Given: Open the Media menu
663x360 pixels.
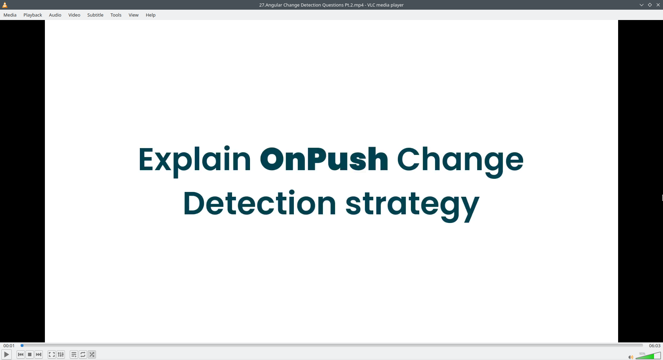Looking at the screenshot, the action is pyautogui.click(x=10, y=15).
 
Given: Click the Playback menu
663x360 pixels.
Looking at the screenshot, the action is pyautogui.click(x=33, y=15).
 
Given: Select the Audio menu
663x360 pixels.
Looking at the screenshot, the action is pyautogui.click(x=55, y=15).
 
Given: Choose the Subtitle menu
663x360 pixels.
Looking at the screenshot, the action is pyautogui.click(x=95, y=15).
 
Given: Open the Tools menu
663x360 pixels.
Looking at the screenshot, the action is pyautogui.click(x=116, y=15).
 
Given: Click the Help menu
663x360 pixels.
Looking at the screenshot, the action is pyautogui.click(x=151, y=15).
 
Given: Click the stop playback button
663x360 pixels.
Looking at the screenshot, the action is pyautogui.click(x=30, y=354).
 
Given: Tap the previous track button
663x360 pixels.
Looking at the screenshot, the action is pyautogui.click(x=21, y=354).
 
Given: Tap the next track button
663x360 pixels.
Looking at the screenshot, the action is pyautogui.click(x=39, y=354).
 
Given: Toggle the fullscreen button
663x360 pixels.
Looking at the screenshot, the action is pyautogui.click(x=52, y=354).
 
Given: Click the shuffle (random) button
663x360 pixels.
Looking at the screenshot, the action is pyautogui.click(x=92, y=354).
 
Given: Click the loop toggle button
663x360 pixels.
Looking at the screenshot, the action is pyautogui.click(x=83, y=354).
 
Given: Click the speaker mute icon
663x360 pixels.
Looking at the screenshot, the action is pyautogui.click(x=631, y=357).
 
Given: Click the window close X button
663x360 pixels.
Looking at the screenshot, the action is pyautogui.click(x=658, y=5).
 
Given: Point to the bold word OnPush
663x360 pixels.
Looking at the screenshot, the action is pyautogui.click(x=324, y=159).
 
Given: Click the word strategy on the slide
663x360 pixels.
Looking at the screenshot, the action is pyautogui.click(x=412, y=205).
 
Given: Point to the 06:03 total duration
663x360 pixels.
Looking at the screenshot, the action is pyautogui.click(x=655, y=346).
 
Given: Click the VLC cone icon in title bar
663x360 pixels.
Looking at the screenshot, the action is pyautogui.click(x=5, y=5).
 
